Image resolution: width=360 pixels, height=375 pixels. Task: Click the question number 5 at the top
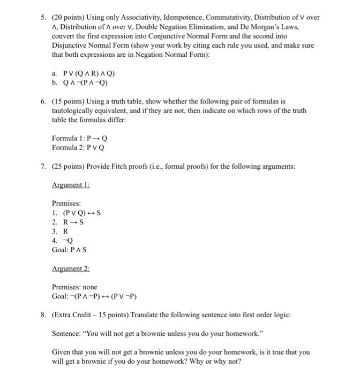click(x=43, y=18)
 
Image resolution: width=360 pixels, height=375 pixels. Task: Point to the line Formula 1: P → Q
click(x=76, y=138)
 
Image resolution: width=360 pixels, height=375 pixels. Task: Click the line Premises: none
click(x=74, y=287)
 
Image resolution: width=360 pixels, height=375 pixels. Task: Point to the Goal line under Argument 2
click(x=95, y=296)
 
